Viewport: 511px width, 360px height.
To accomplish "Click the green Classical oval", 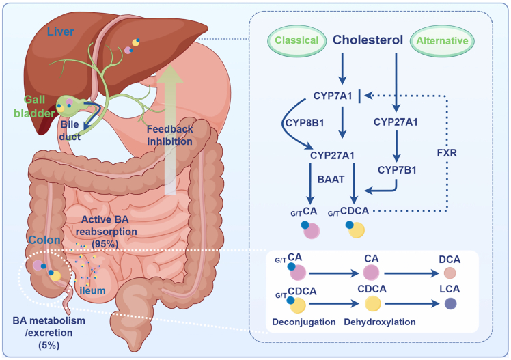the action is (x=296, y=40).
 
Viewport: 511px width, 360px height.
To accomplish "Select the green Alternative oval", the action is (x=442, y=41).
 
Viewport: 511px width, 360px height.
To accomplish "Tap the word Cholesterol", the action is (x=368, y=40).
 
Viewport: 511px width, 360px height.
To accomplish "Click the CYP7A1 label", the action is (x=333, y=96).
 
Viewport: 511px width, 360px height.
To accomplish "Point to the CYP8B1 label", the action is (x=305, y=123).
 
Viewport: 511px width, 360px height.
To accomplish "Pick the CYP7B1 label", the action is (x=397, y=170).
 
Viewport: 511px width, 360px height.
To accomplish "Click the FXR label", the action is (x=447, y=153).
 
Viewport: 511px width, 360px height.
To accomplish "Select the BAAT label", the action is (x=331, y=180).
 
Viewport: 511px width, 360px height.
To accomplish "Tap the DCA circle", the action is (x=450, y=273).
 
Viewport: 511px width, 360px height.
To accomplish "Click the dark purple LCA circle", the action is (x=451, y=303).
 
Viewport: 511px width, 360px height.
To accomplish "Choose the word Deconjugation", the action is (x=304, y=322).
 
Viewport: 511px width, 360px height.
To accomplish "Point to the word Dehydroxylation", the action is (x=380, y=322).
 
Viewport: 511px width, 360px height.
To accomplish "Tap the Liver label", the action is (x=60, y=31).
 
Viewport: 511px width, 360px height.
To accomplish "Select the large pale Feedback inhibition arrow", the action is (x=170, y=129).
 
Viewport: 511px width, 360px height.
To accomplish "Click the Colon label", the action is (x=44, y=240).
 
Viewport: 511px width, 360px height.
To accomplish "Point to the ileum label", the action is (x=92, y=290).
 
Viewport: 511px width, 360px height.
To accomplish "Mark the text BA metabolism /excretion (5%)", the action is (x=49, y=333).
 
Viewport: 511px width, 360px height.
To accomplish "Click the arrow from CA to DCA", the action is (x=412, y=273).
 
